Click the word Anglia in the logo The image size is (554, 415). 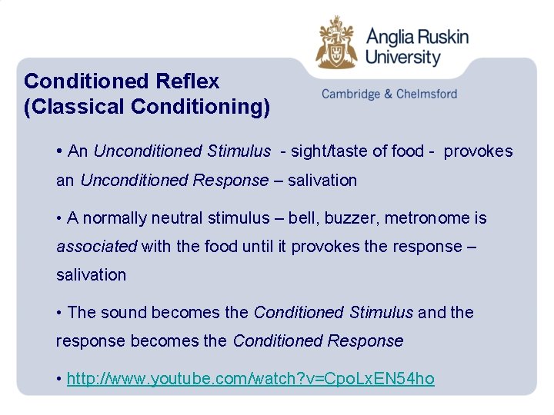click(x=393, y=37)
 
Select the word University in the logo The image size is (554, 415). click(x=403, y=58)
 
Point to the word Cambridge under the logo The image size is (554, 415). click(x=350, y=94)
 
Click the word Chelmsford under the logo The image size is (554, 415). click(x=426, y=94)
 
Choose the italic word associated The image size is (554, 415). click(x=96, y=247)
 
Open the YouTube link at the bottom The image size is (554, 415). click(x=251, y=379)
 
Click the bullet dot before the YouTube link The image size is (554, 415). click(x=59, y=379)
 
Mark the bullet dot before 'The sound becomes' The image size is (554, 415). click(x=59, y=313)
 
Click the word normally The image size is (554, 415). click(x=115, y=218)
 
